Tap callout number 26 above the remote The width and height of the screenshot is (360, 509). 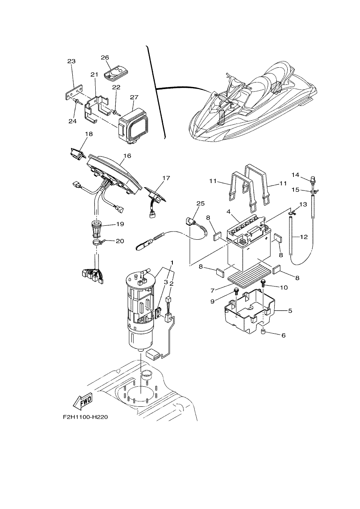coord(105,57)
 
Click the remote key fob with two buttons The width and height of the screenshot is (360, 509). coord(116,73)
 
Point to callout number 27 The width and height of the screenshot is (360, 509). coord(134,97)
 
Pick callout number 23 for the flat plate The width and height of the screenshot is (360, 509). coord(71,61)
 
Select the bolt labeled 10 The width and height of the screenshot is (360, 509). coord(263,283)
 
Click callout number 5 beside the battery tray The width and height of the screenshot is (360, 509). coord(290,311)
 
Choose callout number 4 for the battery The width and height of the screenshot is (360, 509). coord(229,211)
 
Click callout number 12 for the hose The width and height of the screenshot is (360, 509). coord(304,237)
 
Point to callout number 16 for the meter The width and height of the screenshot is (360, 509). coord(128,156)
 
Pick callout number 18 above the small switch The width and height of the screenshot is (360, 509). coord(89,134)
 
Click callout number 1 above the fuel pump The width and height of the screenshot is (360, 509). coord(172,263)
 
